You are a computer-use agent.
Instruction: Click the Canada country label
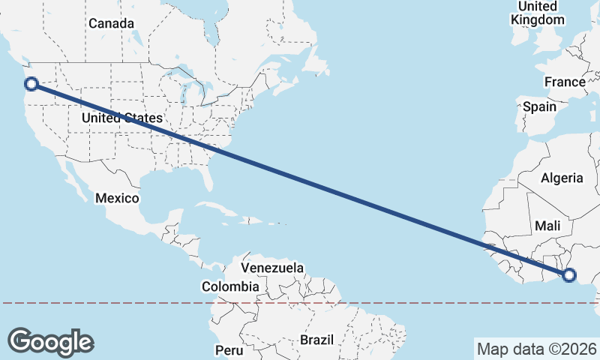(111, 23)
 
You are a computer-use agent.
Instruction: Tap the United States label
(121, 118)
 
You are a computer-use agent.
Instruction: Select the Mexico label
(117, 198)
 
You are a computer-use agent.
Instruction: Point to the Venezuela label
(272, 268)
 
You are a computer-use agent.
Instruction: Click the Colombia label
(230, 286)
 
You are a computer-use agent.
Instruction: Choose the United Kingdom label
(537, 13)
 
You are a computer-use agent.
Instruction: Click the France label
(565, 82)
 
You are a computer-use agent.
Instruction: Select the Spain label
(539, 106)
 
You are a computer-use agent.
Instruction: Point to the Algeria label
(562, 178)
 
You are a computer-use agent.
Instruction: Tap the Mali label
(548, 225)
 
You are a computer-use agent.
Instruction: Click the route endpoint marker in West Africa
(568, 275)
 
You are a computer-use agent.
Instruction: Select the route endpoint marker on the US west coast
(31, 84)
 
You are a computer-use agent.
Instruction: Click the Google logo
(50, 341)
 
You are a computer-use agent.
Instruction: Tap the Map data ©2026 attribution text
(536, 349)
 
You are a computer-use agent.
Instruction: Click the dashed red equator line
(420, 303)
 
